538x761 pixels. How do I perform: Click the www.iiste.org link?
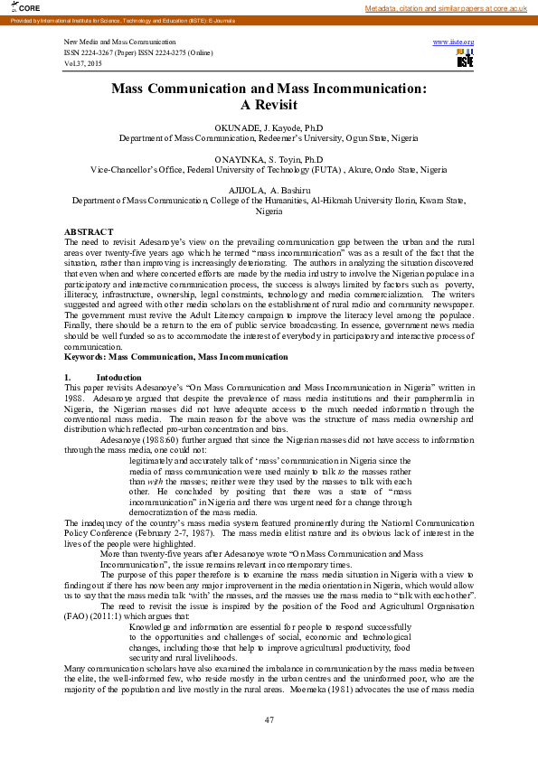pos(453,42)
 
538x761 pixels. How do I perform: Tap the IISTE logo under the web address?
pos(465,58)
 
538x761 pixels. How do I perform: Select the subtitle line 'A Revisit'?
pos(269,104)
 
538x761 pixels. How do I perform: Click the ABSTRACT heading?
pos(89,232)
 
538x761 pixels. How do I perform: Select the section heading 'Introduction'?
pos(118,376)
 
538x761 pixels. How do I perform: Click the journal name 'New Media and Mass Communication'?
pos(120,42)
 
